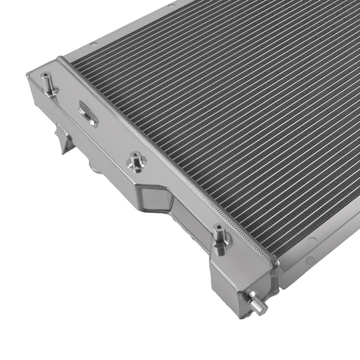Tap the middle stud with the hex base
tap(137, 161)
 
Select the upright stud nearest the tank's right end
tap(220, 238)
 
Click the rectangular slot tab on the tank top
tap(88, 112)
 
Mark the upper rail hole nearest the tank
tap(94, 44)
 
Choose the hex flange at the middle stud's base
tap(136, 165)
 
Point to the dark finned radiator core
tap(228, 108)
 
